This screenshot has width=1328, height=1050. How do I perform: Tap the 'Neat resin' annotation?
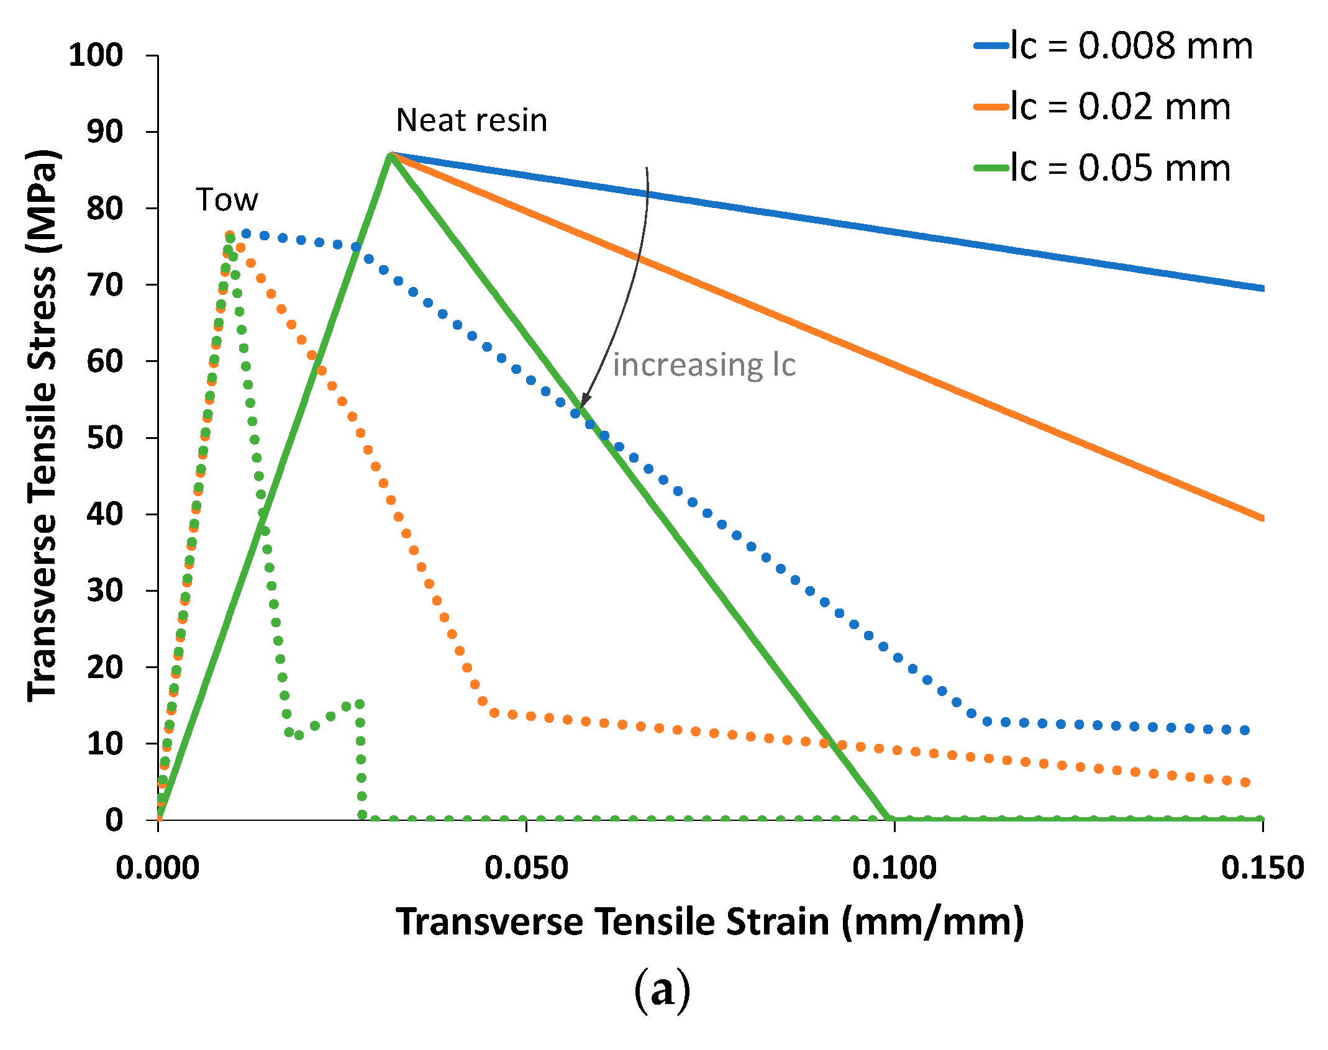pyautogui.click(x=471, y=120)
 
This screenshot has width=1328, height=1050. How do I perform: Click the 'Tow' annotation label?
pyautogui.click(x=227, y=200)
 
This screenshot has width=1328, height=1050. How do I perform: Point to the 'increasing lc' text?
pyautogui.click(x=704, y=364)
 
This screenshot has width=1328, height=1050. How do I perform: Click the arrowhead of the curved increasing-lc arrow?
pyautogui.click(x=582, y=405)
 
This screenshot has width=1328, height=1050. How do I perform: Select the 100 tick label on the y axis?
pyautogui.click(x=96, y=55)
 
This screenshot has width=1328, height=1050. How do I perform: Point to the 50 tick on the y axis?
pyautogui.click(x=104, y=438)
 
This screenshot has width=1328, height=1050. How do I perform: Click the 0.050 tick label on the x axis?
pyautogui.click(x=526, y=867)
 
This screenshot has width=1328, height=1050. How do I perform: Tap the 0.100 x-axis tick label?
pyautogui.click(x=894, y=867)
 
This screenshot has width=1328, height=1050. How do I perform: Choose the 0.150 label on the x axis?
pyautogui.click(x=1262, y=867)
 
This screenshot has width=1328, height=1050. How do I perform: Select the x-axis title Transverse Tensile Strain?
pyautogui.click(x=709, y=921)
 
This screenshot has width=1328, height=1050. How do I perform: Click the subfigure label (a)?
pyautogui.click(x=662, y=989)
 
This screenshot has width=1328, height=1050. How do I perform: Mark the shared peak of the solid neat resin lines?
pyautogui.click(x=390, y=153)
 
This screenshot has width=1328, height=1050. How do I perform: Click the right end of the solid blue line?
pyautogui.click(x=1262, y=288)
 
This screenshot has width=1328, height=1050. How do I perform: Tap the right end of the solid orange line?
pyautogui.click(x=1262, y=518)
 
